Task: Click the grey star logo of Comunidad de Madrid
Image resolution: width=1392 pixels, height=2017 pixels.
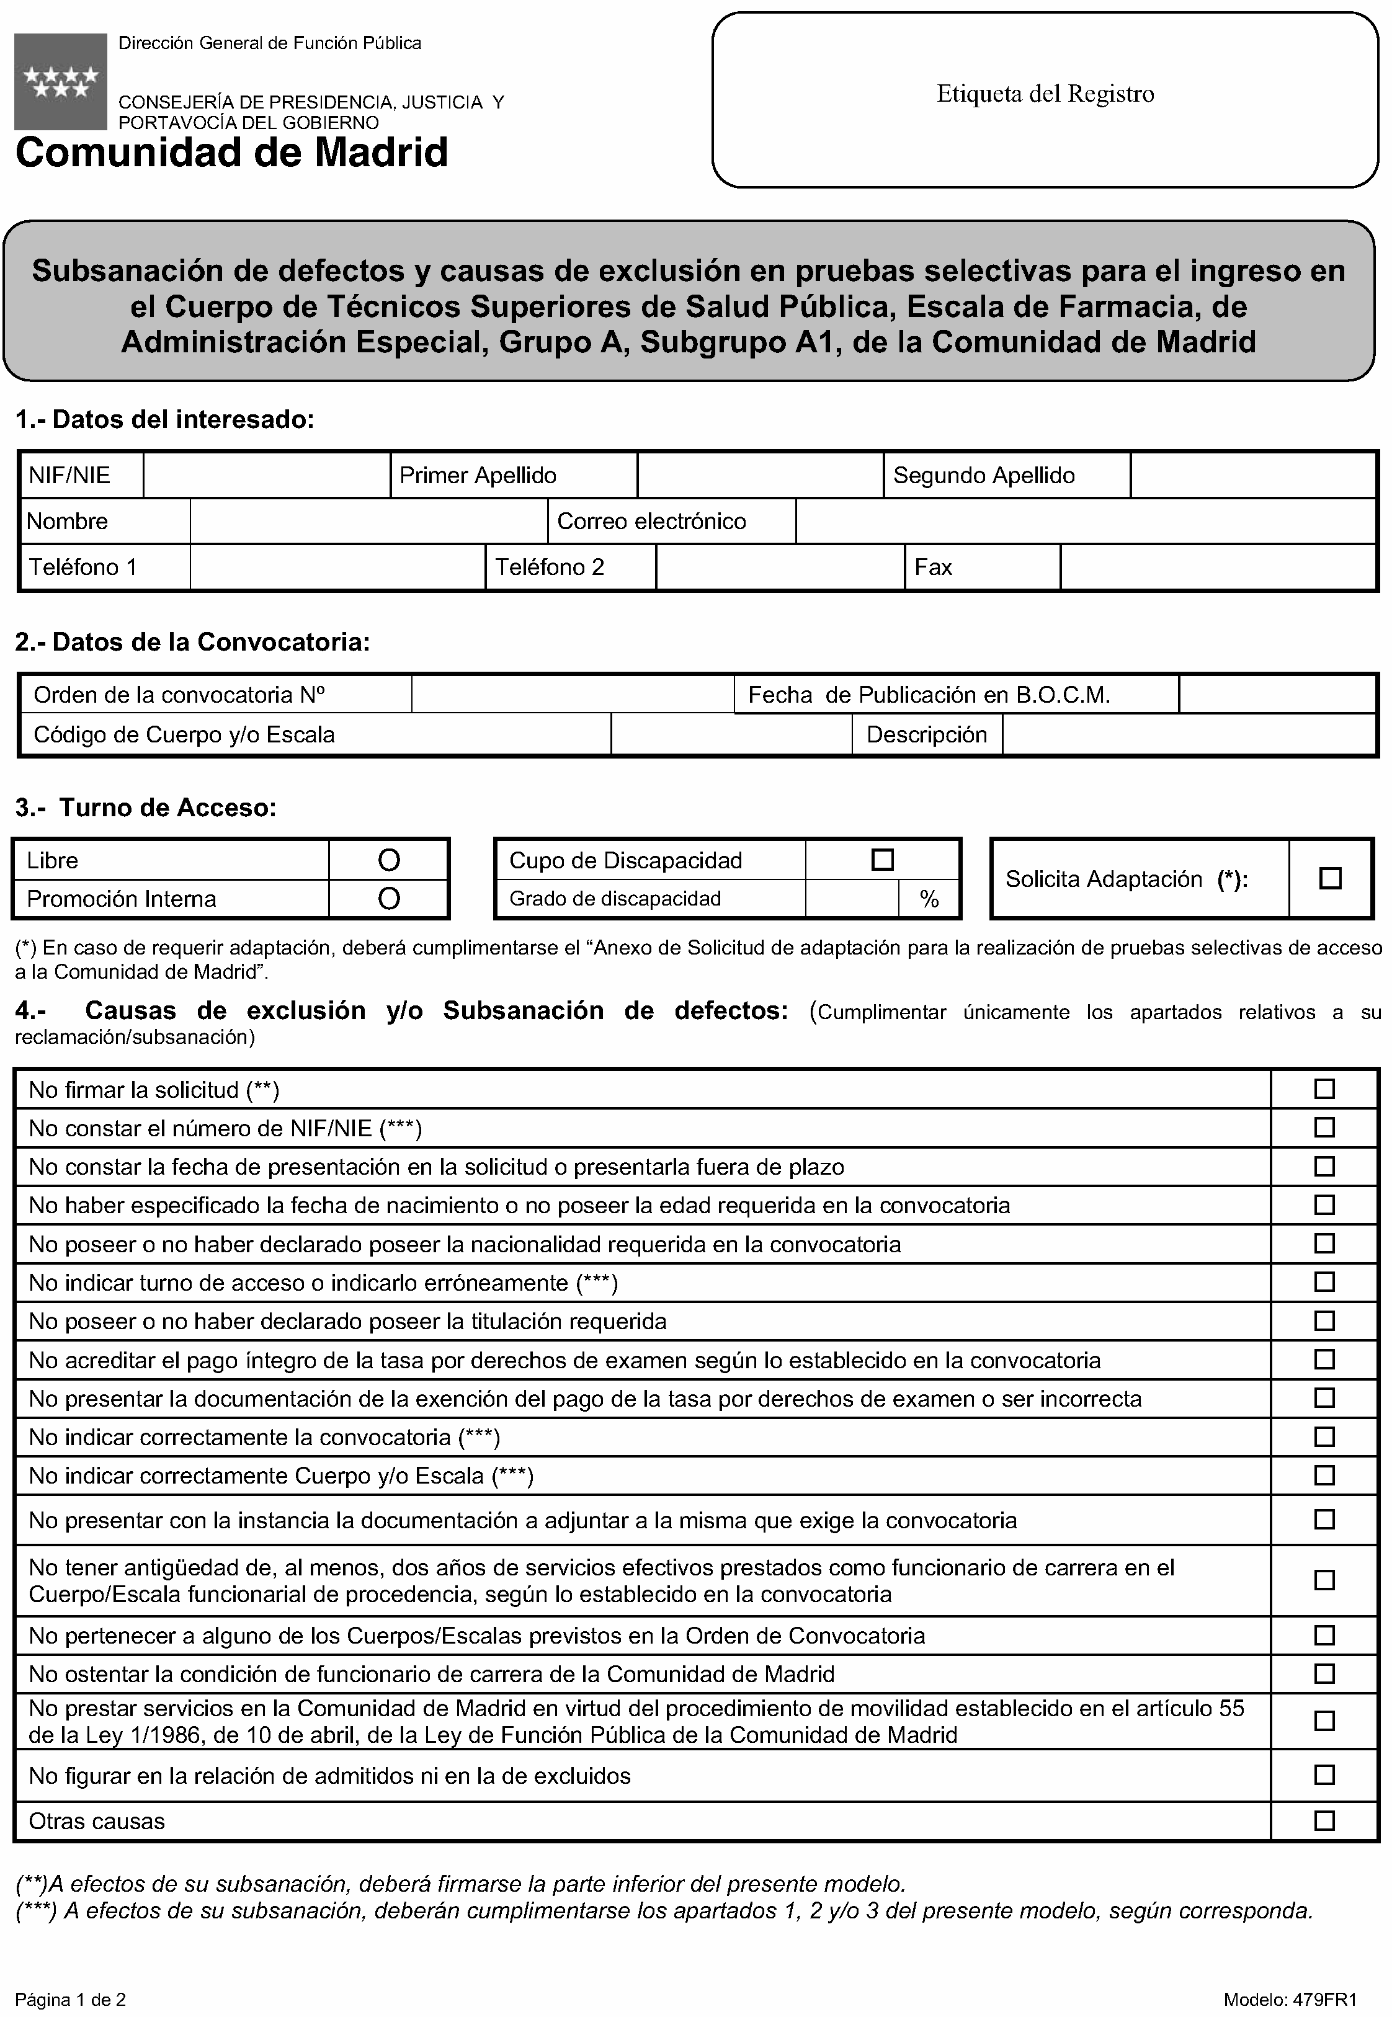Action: click(60, 81)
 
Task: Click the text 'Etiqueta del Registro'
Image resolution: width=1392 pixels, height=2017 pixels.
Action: click(1045, 94)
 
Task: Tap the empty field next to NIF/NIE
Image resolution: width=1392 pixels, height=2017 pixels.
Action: click(266, 475)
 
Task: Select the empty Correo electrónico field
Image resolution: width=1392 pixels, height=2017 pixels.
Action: click(1085, 522)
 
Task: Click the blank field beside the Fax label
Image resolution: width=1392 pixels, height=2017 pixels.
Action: click(1218, 568)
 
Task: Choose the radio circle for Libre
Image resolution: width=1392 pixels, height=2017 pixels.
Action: click(389, 861)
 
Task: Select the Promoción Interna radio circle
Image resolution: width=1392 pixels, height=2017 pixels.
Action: click(389, 899)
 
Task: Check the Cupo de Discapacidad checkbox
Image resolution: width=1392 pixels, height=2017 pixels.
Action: click(883, 860)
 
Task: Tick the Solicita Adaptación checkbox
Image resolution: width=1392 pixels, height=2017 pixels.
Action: click(1330, 878)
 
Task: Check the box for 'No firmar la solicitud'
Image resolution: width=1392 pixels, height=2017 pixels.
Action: click(1324, 1089)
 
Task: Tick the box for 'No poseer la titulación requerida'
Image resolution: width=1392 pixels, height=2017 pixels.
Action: click(1324, 1321)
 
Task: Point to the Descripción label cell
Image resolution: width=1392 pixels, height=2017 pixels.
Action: click(926, 735)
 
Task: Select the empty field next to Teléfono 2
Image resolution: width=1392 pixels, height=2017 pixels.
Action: click(780, 568)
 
